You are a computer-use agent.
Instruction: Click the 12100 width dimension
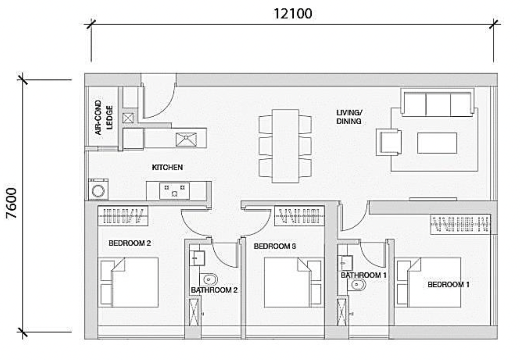[x=293, y=14]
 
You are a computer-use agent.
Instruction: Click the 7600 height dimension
[x=12, y=203]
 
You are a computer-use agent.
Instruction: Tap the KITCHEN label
[x=167, y=167]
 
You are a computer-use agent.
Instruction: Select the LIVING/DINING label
[x=349, y=117]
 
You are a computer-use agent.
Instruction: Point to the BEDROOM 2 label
[x=130, y=243]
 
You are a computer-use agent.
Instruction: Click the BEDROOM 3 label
[x=275, y=246]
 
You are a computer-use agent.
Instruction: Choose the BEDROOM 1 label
[x=449, y=284]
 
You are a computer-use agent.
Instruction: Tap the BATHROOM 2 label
[x=214, y=290]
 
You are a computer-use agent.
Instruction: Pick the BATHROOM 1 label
[x=364, y=275]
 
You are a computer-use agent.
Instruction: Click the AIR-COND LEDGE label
[x=104, y=117]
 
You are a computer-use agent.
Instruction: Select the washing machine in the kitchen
[x=98, y=189]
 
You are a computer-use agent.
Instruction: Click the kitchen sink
[x=186, y=140]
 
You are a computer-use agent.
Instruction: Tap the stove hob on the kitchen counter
[x=175, y=191]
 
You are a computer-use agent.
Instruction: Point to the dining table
[x=286, y=146]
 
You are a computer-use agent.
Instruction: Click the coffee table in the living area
[x=437, y=143]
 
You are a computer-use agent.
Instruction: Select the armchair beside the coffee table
[x=389, y=142]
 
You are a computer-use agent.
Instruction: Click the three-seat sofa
[x=437, y=104]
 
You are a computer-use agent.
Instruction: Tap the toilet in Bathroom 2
[x=209, y=279]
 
